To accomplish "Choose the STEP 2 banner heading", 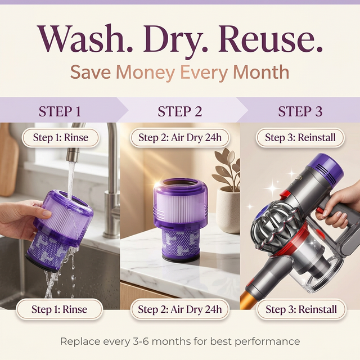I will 180,111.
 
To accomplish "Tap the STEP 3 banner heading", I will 300,111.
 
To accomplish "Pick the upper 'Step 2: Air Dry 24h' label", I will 180,138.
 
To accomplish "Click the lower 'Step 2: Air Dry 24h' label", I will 180,309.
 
